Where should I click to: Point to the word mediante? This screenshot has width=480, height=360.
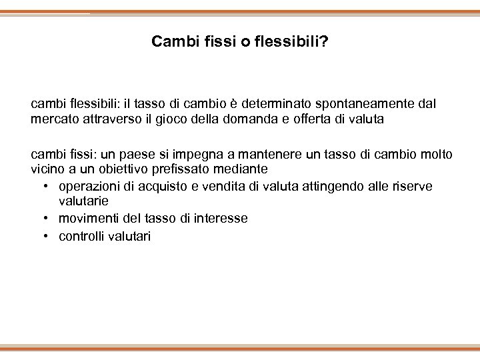(x=237, y=169)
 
